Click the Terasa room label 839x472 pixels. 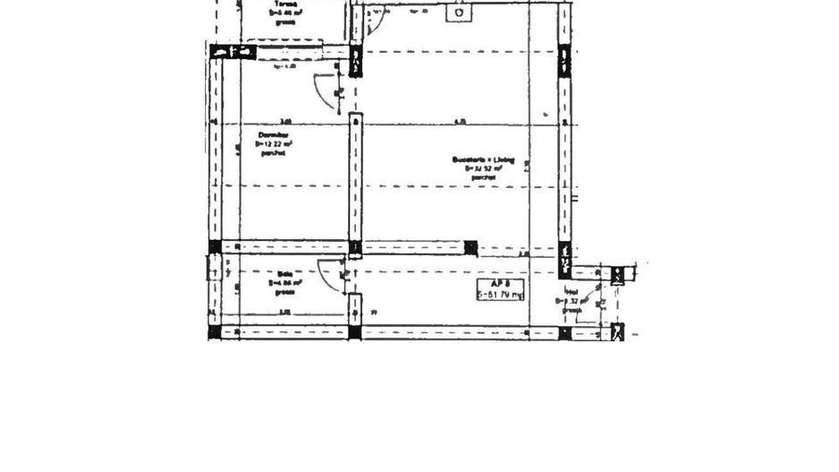point(284,4)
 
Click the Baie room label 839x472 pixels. point(285,274)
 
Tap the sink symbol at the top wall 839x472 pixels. point(459,13)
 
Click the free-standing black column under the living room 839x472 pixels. point(470,248)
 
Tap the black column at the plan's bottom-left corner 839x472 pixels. point(214,332)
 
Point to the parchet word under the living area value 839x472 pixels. point(483,177)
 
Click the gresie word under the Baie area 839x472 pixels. point(285,291)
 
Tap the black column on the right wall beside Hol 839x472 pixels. point(564,259)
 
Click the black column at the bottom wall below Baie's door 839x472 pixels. point(355,332)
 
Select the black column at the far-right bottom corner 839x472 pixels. point(616,333)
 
